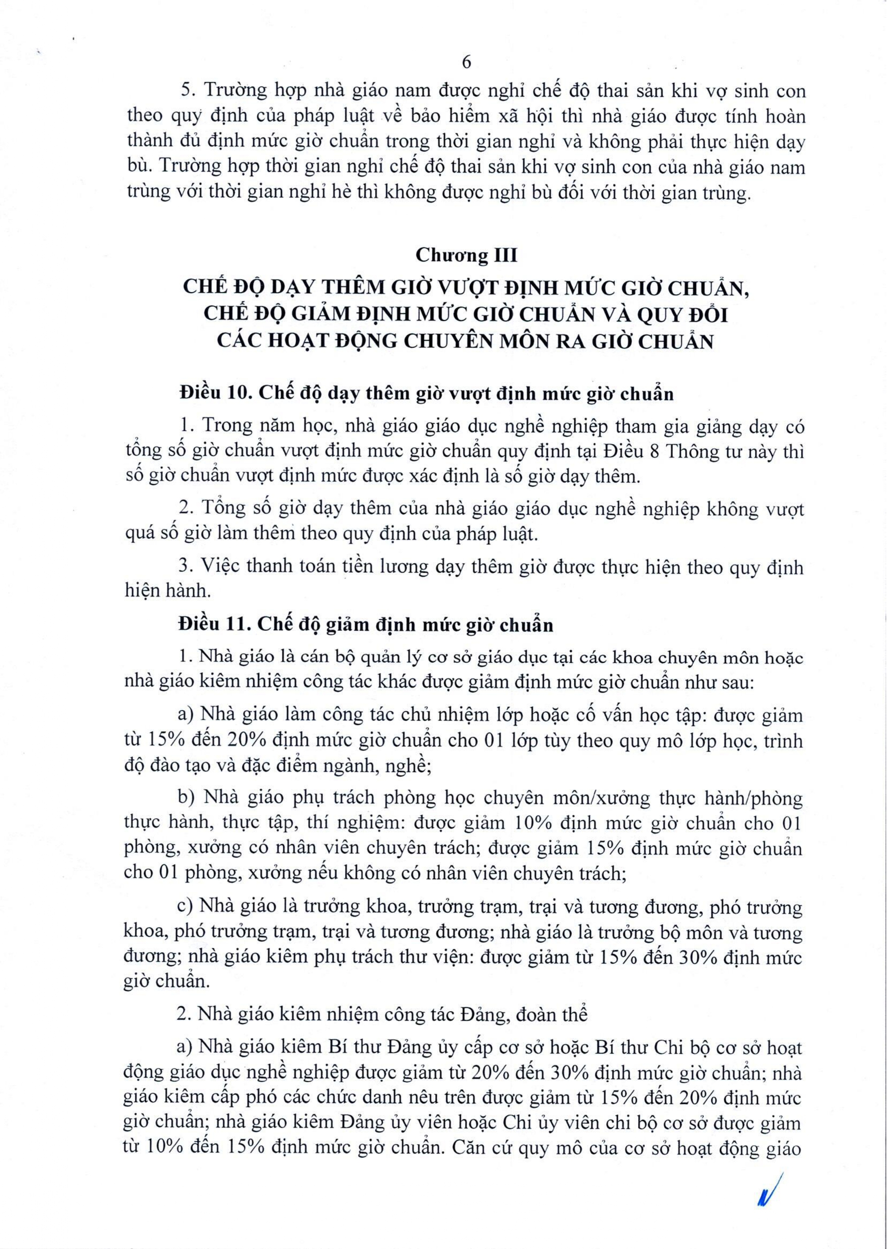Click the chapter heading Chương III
click(466, 255)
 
